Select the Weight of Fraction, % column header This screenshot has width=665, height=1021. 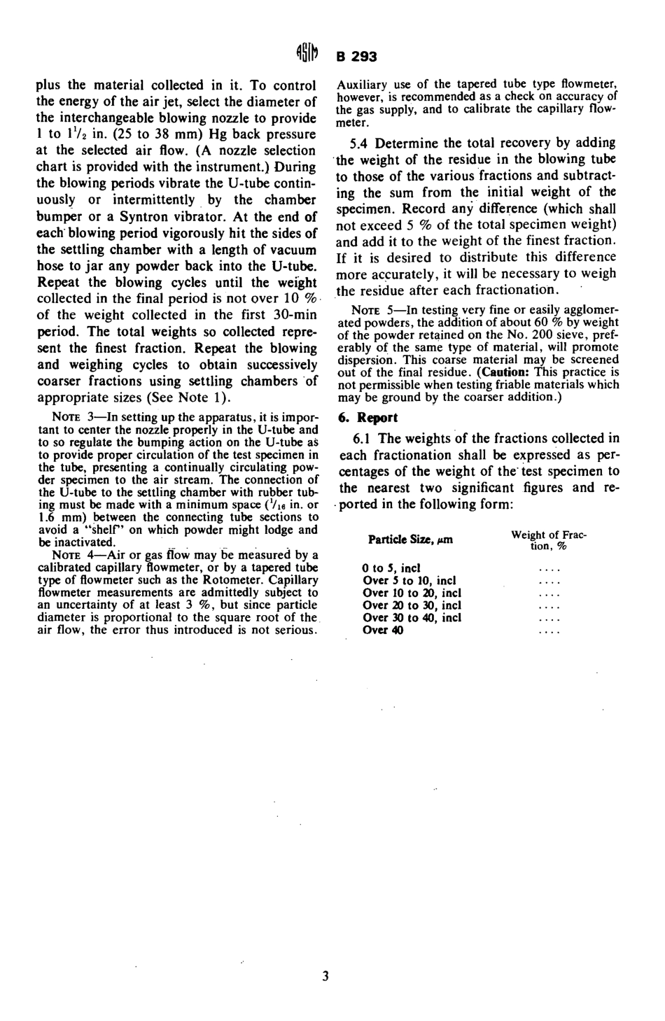point(548,540)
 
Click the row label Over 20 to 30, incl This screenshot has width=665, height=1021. point(412,605)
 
